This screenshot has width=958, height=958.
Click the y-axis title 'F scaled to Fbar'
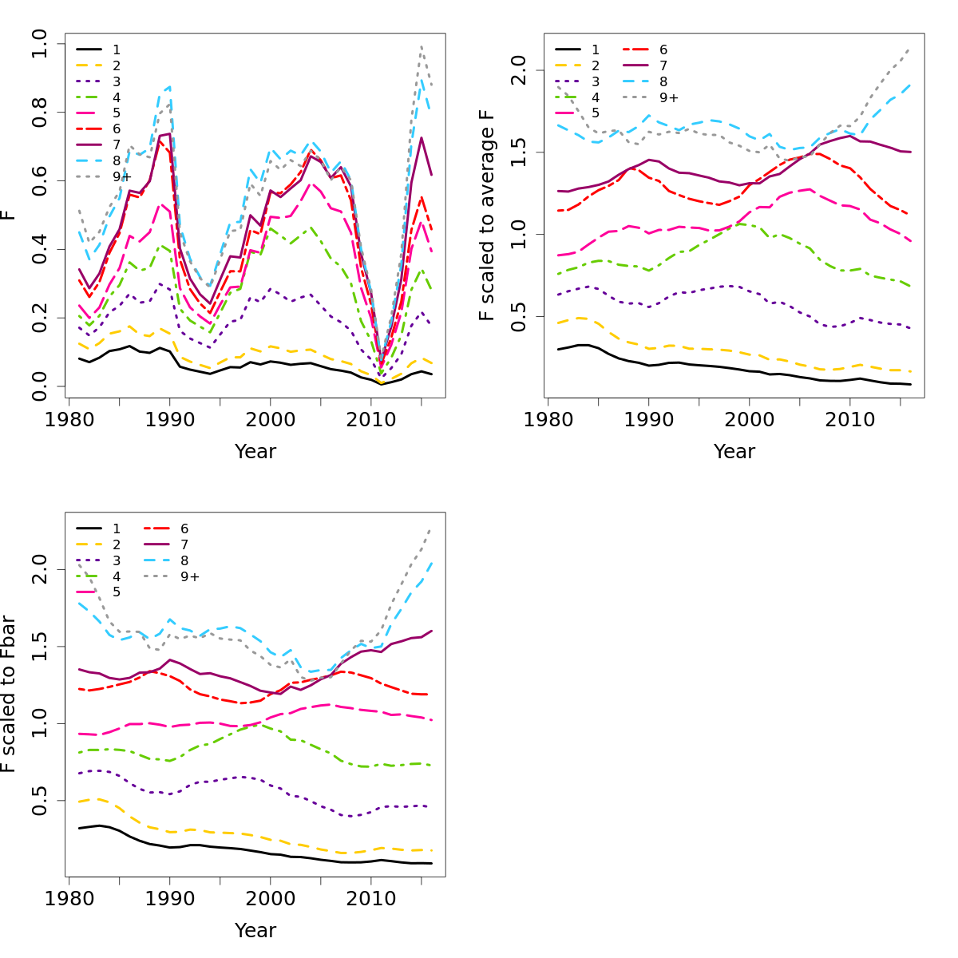[x=8, y=694]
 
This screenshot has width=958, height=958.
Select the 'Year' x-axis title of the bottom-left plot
[x=255, y=931]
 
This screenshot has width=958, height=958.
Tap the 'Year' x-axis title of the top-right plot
[x=734, y=452]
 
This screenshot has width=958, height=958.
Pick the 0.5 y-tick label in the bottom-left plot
[x=38, y=802]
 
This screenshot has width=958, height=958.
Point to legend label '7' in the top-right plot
[x=663, y=65]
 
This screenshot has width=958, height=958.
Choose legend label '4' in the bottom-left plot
[x=117, y=576]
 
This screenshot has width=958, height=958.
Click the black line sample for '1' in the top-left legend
[x=88, y=49]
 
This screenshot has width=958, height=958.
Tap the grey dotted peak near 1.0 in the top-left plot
[x=422, y=46]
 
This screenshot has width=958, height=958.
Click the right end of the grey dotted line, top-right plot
[x=910, y=48]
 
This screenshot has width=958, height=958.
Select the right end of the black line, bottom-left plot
[x=432, y=863]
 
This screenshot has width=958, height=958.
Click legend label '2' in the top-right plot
[x=596, y=65]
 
